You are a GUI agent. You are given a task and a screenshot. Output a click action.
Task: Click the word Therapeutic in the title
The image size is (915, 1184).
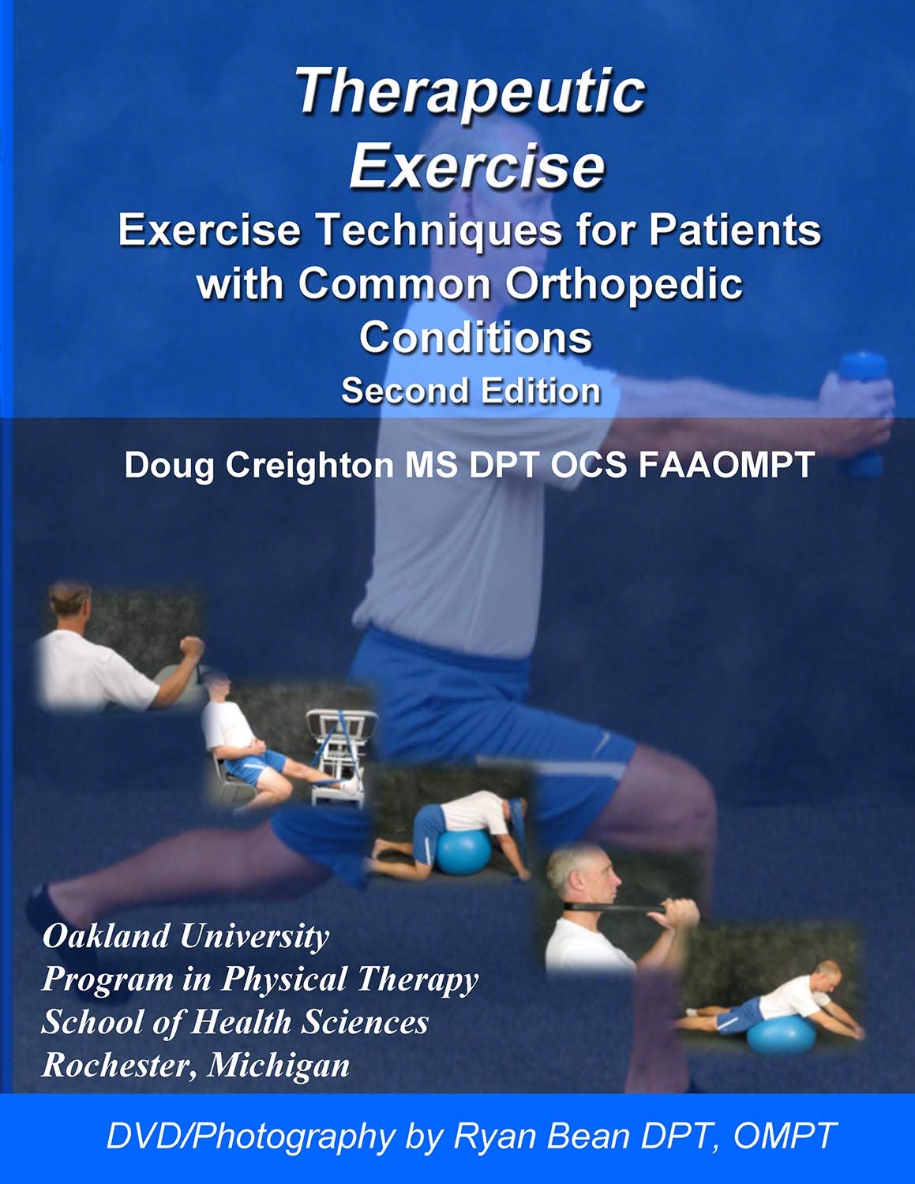[x=471, y=92]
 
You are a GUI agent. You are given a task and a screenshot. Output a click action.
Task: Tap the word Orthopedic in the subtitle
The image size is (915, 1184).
[x=624, y=284]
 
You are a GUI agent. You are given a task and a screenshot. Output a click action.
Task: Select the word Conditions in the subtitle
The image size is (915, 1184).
[x=475, y=337]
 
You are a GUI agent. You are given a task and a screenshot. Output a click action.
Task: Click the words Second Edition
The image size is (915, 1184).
[x=471, y=391]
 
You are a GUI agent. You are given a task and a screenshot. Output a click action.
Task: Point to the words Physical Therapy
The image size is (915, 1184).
[x=350, y=980]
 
